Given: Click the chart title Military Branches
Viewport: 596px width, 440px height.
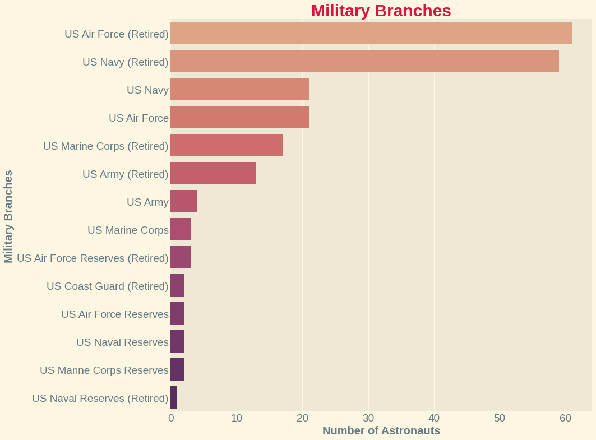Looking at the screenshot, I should point(381,11).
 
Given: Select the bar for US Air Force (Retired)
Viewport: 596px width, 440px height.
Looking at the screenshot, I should point(371,33).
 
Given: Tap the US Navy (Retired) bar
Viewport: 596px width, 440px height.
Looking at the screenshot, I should point(364,61).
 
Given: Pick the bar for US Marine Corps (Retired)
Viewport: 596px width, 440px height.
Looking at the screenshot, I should point(227,145).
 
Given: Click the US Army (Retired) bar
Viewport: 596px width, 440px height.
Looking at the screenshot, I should point(213,173).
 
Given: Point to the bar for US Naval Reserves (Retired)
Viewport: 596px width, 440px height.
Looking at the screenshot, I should point(174,397).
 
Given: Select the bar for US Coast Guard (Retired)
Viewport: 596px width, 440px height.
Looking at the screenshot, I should point(177,285).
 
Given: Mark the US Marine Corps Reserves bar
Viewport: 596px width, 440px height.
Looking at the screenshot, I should point(177,369).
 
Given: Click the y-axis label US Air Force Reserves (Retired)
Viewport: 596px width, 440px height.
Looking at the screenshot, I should point(93,258).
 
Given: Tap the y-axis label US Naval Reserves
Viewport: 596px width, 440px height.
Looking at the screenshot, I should point(122,342).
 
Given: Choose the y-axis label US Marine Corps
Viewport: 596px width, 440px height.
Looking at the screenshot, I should point(128,230).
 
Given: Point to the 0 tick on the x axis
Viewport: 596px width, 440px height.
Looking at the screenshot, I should point(171,418).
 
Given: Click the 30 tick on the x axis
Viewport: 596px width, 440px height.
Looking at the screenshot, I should point(368,418).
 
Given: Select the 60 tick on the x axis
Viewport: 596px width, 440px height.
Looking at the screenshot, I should point(566,418).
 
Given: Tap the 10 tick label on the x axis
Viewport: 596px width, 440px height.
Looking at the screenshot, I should point(237,418).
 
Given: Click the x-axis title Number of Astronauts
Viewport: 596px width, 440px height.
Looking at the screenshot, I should point(381,430).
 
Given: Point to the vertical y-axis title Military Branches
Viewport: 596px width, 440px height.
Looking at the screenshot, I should point(8,216).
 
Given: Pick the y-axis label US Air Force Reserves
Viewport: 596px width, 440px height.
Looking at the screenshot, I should point(114,314).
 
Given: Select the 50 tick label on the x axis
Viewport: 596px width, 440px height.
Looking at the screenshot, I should point(500,418).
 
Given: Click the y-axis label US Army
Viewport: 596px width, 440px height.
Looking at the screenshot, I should point(147,202).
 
